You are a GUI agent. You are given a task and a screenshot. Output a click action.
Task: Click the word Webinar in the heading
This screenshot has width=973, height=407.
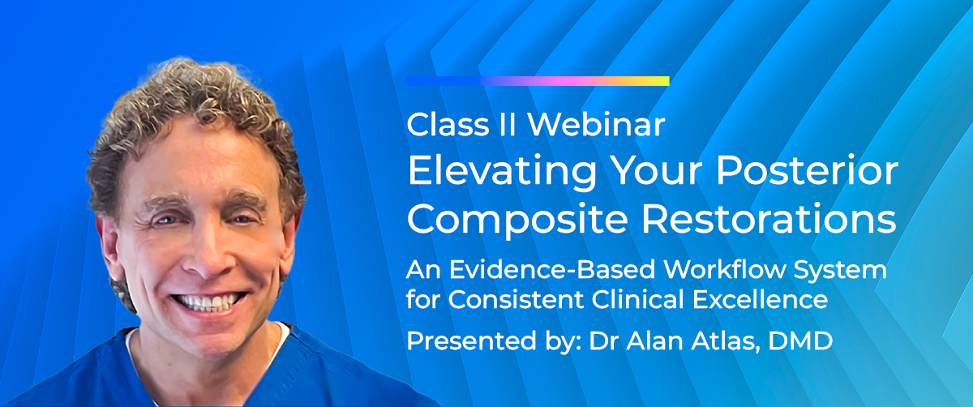click(596, 125)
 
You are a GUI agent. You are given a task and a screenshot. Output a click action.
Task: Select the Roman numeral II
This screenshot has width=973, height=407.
click(508, 125)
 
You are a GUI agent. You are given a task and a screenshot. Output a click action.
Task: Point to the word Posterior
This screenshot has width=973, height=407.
click(807, 170)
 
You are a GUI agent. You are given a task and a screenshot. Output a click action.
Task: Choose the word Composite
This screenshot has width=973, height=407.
click(517, 220)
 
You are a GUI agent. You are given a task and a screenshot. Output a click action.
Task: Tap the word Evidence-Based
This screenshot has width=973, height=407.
click(551, 270)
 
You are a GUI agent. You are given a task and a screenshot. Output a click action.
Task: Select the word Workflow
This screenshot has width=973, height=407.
click(725, 270)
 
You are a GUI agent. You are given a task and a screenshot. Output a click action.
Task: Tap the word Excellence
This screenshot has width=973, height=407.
click(761, 299)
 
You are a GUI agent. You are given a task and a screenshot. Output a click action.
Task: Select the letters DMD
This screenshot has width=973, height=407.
click(800, 341)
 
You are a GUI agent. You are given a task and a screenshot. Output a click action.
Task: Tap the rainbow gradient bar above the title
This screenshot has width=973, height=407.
click(538, 81)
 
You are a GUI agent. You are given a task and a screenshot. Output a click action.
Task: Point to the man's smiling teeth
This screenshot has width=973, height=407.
click(208, 302)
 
